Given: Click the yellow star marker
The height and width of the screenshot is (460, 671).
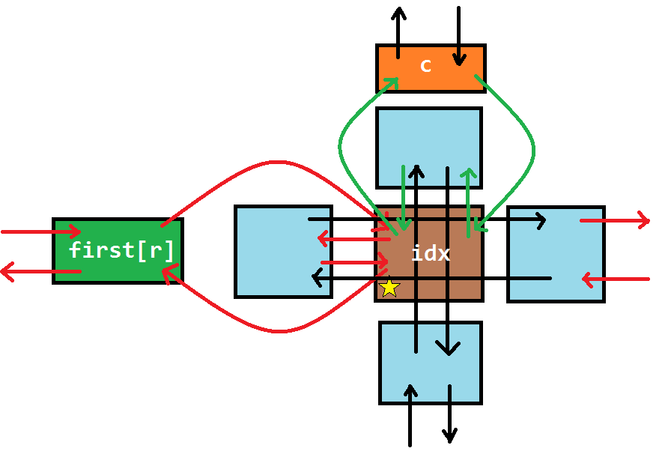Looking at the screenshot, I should [389, 288].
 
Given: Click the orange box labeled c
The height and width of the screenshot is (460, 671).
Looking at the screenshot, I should [431, 68].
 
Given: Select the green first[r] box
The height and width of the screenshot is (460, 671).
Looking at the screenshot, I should [118, 251].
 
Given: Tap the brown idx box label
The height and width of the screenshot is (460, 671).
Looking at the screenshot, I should [431, 254].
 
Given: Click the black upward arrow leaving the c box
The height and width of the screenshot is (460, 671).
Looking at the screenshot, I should [398, 30].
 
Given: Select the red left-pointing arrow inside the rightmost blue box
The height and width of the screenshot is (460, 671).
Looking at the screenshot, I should [614, 279].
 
